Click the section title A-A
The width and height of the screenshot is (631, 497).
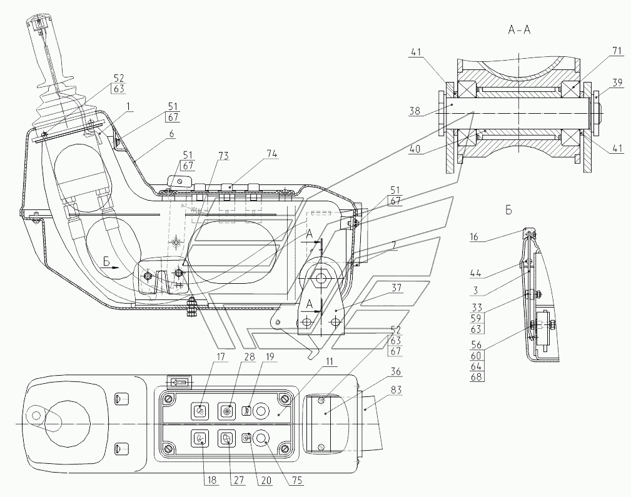(x=519, y=30)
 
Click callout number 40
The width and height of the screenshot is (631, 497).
(x=415, y=149)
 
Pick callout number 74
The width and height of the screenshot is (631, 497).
(x=271, y=154)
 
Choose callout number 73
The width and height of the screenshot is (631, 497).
(x=223, y=156)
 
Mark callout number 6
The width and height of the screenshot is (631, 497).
(x=172, y=134)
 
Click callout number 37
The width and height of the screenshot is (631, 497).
(x=396, y=288)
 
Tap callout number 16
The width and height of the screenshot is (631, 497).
(x=475, y=237)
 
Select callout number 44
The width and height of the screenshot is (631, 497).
(x=476, y=274)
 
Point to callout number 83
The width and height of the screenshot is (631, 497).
(x=396, y=389)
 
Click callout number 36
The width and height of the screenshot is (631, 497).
(x=396, y=371)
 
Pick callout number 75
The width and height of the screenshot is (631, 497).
(x=298, y=480)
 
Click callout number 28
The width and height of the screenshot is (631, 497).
(x=250, y=356)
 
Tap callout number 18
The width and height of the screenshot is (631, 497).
(x=211, y=480)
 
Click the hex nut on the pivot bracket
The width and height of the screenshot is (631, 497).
(x=321, y=278)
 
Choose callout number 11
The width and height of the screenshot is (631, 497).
(x=330, y=362)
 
